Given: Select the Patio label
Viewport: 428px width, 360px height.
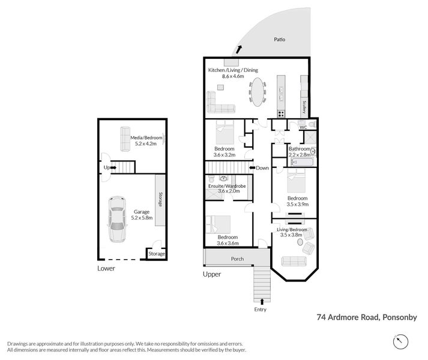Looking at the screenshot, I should [x=279, y=40].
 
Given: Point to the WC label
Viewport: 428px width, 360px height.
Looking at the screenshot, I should [x=303, y=127].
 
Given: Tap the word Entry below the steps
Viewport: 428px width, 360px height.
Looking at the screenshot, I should [x=260, y=310].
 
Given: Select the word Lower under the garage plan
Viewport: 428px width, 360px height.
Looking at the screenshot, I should [x=106, y=268].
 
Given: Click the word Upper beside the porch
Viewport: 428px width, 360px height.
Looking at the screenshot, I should [x=212, y=274].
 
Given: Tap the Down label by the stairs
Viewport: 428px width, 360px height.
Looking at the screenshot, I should [x=262, y=168].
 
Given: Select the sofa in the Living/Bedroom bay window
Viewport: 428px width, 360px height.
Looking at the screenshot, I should [x=293, y=260].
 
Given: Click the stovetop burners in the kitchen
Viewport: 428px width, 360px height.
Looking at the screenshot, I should [x=281, y=114].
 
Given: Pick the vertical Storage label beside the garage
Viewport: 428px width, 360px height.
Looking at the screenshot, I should [x=160, y=199].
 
